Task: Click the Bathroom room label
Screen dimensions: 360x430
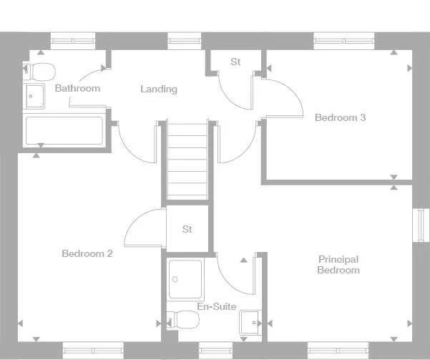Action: tap(77, 89)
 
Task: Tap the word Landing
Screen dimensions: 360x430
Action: tap(158, 89)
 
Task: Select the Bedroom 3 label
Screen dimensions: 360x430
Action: tap(340, 117)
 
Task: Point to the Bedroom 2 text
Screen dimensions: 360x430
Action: tap(87, 253)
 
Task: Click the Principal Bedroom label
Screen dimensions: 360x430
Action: tap(338, 265)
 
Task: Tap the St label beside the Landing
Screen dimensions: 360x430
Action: tap(235, 62)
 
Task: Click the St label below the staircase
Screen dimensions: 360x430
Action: tap(187, 230)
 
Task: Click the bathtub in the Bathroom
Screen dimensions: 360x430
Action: tap(64, 130)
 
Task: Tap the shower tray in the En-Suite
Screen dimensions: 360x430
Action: tap(186, 279)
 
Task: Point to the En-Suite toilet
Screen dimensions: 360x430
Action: tap(185, 320)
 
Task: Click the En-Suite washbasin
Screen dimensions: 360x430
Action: tap(250, 322)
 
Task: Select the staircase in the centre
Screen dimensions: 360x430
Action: tap(187, 161)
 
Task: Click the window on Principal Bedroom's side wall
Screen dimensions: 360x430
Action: tap(422, 225)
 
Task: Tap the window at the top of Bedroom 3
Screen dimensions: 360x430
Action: tap(336, 41)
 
